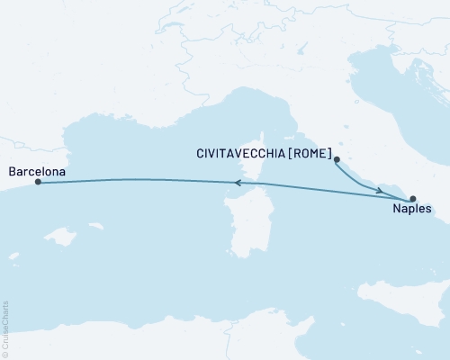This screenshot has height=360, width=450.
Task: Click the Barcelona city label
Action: [x=36, y=168]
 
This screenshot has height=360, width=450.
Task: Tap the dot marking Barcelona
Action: [x=38, y=183]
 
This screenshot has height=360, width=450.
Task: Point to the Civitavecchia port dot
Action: [x=337, y=161]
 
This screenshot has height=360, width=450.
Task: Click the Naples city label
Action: [x=411, y=211]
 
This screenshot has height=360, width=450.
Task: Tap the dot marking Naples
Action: [x=413, y=198]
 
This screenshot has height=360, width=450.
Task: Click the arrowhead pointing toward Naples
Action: [x=382, y=190]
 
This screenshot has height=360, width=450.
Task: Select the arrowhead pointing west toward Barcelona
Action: [x=238, y=183]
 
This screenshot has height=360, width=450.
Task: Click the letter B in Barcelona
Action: [x=10, y=168]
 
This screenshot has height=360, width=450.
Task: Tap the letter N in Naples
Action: [x=398, y=211]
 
